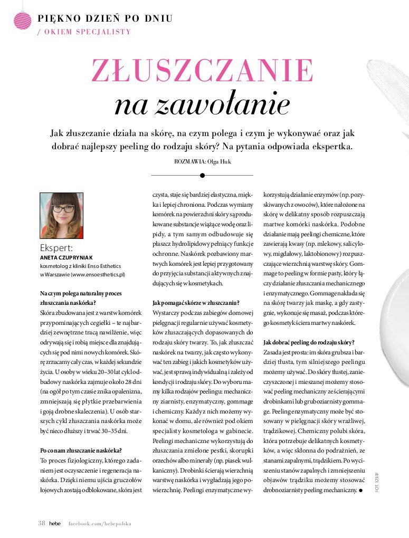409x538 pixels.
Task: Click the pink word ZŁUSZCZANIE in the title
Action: point(202,70)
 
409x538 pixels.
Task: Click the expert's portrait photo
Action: point(61,215)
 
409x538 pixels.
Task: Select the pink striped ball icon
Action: point(23,20)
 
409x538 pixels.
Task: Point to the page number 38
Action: point(41,523)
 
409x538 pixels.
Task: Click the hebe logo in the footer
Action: point(55,523)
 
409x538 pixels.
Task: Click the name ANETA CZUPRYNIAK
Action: point(66,257)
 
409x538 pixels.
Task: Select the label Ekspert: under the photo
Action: point(56,248)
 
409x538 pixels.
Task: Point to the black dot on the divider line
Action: point(202,175)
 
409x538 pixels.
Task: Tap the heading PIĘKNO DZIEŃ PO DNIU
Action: point(105,19)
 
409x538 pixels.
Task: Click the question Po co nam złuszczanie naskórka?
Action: point(81,450)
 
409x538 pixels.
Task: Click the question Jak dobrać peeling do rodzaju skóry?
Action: point(309,342)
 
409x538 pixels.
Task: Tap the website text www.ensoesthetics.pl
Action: point(98,274)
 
